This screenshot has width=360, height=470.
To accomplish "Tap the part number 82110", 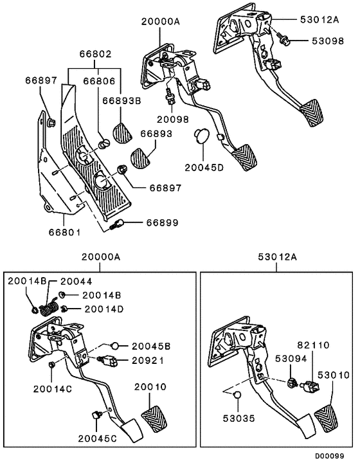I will point(313,345).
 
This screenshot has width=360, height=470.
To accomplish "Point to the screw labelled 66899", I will point(118,224).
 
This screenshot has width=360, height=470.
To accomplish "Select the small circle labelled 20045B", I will point(116,345).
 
